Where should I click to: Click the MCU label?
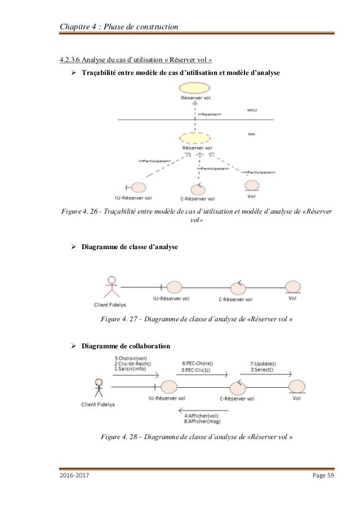252,110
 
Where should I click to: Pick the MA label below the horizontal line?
251,134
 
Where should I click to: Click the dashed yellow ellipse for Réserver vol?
196,139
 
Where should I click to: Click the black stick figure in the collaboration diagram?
99,388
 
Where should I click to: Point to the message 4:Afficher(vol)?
202,417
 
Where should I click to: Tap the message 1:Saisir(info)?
131,368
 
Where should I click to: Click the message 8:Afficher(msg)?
202,422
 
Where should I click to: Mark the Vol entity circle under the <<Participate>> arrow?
252,185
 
